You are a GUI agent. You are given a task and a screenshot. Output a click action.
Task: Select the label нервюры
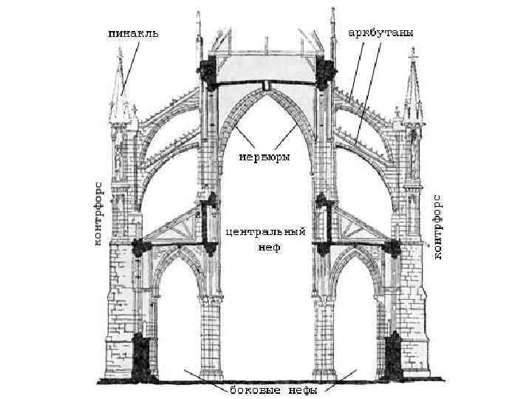(x=264, y=157)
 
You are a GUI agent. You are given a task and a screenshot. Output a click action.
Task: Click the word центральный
(x=265, y=231)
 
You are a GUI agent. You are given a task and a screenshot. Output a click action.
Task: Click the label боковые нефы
(x=264, y=389)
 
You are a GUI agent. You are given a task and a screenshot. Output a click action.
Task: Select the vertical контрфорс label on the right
(x=437, y=226)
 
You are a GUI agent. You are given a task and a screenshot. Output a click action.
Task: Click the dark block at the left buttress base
(x=143, y=355)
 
